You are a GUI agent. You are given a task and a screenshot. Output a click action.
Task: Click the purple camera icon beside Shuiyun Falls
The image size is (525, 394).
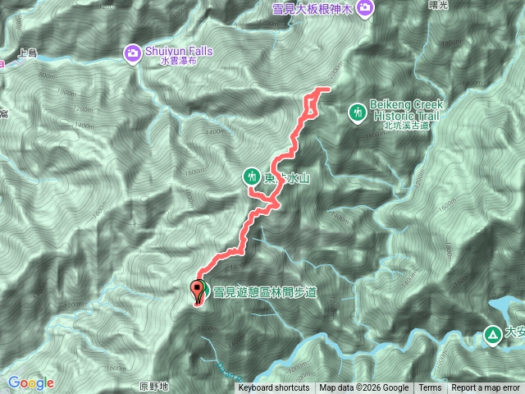pos(132,53)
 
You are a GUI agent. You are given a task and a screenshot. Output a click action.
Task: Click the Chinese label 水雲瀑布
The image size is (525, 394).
pos(179,62)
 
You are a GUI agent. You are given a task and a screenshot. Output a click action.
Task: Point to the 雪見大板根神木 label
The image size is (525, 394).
pos(313,9)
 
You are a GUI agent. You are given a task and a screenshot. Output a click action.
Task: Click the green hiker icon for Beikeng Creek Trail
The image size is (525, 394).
pos(358,111)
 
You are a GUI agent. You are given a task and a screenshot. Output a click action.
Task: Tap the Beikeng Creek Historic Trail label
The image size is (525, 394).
pos(407,110)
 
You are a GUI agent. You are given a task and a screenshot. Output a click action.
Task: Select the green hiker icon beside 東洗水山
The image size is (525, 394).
pos(251,176)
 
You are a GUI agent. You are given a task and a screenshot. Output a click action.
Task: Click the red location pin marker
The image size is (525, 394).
pos(198,291)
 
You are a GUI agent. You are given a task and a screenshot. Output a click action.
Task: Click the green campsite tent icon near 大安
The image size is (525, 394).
pos(491,334)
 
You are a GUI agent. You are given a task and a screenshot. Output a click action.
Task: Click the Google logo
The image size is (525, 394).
pos(30,383)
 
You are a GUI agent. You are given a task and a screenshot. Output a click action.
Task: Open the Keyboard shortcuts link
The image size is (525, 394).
pos(274,388)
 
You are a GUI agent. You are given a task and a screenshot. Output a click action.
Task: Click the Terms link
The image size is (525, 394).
pos(430,388)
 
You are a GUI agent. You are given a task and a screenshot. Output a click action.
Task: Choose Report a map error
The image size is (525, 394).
pos(486,388)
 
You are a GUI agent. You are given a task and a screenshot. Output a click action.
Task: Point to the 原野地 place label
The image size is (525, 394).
pos(153,386)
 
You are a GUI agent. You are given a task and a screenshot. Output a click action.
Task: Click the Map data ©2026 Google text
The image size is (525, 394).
pos(363,388)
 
